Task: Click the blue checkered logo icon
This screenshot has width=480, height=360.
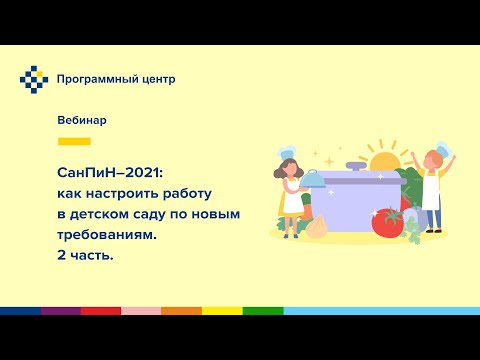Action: click(x=34, y=79)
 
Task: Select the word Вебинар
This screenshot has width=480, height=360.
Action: click(x=82, y=120)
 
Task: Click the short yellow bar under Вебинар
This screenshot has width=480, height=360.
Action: click(x=74, y=141)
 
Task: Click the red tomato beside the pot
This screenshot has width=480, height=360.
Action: click(x=387, y=221)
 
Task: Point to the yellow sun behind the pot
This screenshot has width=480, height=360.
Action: click(x=384, y=161)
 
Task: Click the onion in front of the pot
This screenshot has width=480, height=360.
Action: click(x=317, y=228)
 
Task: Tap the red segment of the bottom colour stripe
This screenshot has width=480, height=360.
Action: click(x=100, y=311)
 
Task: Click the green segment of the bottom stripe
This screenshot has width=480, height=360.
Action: click(x=262, y=311)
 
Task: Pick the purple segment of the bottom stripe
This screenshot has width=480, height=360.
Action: click(x=60, y=311)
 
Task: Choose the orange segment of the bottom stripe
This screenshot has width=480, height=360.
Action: click(x=181, y=311)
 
